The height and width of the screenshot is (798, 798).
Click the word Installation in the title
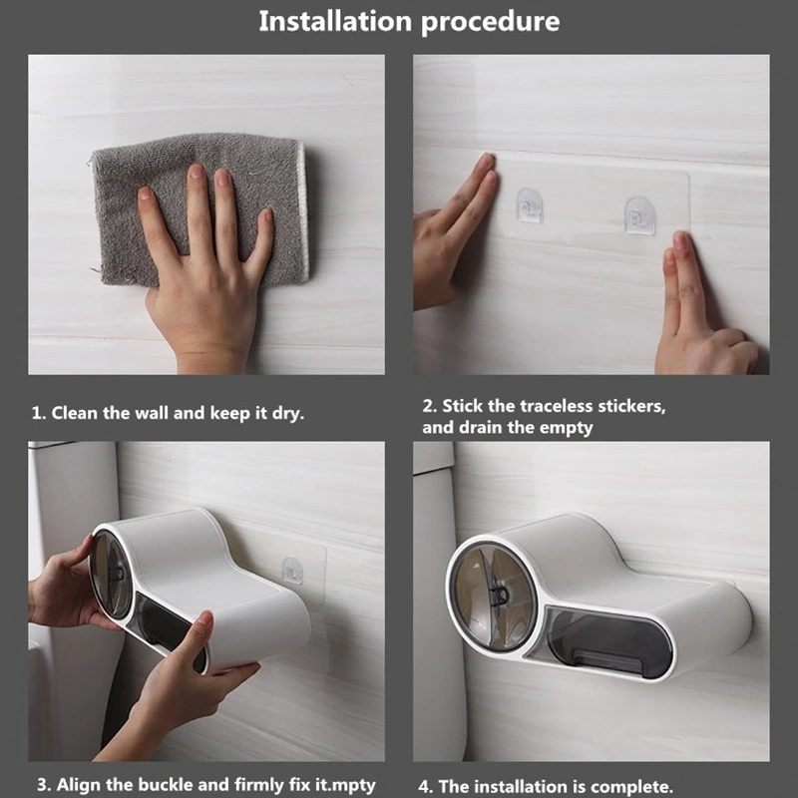[334, 21]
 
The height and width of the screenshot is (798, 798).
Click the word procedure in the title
[489, 23]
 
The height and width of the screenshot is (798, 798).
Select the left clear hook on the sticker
[530, 205]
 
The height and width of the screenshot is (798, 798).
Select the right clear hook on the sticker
[639, 215]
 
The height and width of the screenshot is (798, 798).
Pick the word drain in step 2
[481, 428]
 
